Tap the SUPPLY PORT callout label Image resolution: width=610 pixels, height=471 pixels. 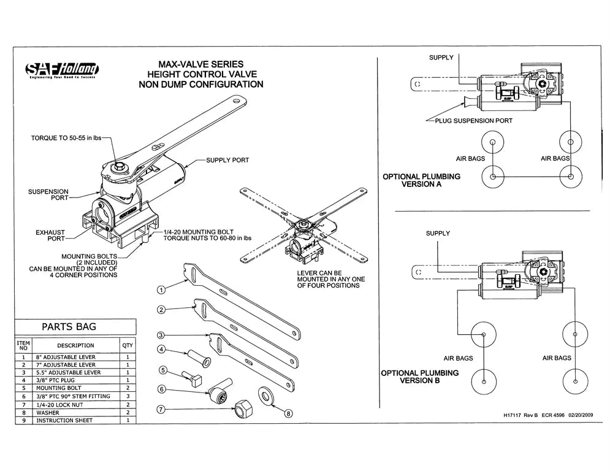coord(227,160)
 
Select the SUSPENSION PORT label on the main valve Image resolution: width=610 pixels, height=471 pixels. coord(48,196)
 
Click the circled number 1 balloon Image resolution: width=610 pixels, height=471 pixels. coord(161,289)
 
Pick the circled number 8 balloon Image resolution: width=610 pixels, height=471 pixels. coord(289,413)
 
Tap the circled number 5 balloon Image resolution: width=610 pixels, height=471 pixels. coord(163,370)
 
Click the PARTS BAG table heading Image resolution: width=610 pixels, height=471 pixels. coord(69,327)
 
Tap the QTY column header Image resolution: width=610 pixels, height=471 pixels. coord(127,345)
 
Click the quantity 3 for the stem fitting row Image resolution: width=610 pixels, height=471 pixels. coord(127,396)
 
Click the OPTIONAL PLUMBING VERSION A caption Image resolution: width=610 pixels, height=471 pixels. coord(421,180)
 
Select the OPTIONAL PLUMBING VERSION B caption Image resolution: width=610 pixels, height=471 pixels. coord(420,377)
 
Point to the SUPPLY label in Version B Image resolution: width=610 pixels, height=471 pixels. coord(438,233)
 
